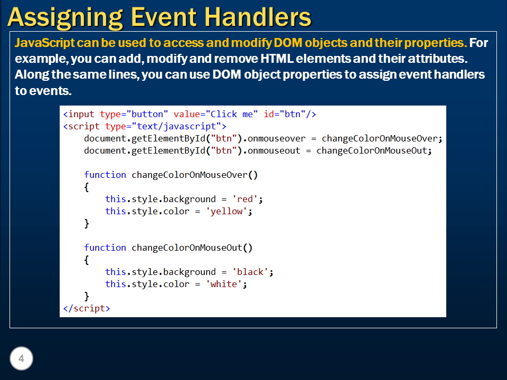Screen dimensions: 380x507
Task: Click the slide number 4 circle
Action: (x=22, y=359)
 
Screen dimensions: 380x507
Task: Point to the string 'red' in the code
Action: (x=245, y=199)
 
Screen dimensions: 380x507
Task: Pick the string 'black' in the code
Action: (x=250, y=272)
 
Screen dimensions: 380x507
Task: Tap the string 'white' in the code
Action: (x=227, y=284)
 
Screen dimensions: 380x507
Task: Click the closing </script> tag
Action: (x=86, y=308)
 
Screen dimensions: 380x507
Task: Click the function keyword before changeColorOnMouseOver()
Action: (x=105, y=175)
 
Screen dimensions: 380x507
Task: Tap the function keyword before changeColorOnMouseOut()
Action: (x=105, y=248)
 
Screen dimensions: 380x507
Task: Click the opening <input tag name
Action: (x=80, y=114)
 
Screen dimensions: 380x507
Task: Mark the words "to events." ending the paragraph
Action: (x=43, y=90)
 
